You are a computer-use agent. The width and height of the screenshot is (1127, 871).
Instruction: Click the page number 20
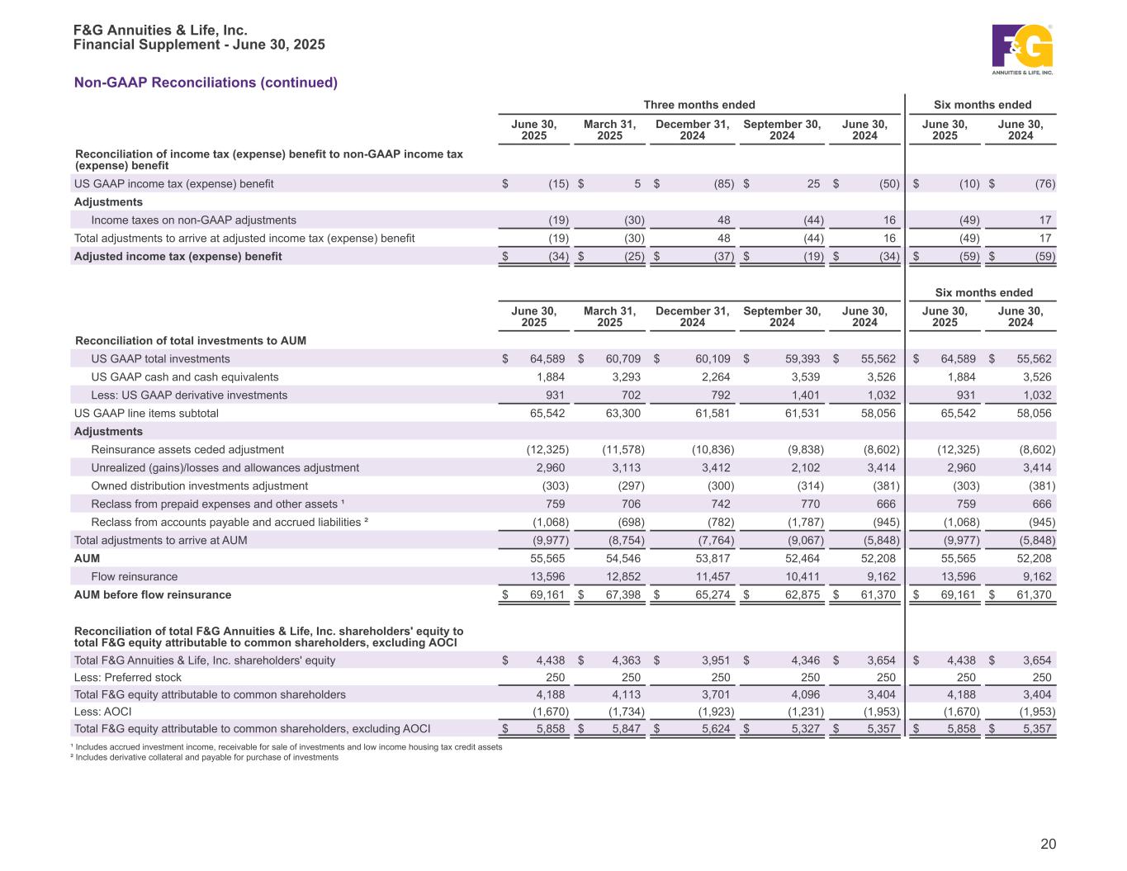pos(1048,844)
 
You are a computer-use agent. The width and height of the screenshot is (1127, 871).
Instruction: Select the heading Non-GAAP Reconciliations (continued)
pos(206,83)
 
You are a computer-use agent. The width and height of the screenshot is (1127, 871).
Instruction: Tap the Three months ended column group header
pos(698,104)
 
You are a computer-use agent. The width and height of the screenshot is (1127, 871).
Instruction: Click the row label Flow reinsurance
pos(134,576)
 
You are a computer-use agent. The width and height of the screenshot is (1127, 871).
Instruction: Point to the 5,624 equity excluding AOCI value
pos(713,728)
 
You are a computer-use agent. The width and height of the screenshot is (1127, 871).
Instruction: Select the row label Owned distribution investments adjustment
pos(199,485)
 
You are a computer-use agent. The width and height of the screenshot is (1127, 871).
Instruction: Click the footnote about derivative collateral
pos(206,757)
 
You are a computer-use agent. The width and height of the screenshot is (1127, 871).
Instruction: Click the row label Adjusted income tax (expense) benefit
pos(178,256)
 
